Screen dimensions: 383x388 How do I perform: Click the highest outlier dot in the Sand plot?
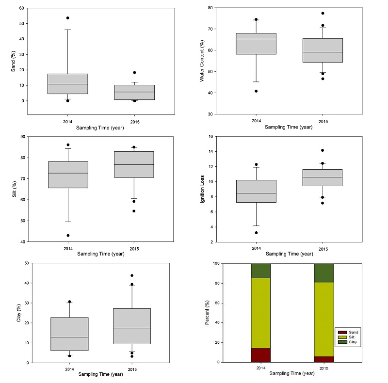[67, 18]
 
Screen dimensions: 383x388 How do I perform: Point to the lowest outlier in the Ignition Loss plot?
[256, 233]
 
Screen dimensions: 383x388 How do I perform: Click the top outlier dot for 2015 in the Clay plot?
[132, 275]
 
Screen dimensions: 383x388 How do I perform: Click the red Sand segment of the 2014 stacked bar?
[260, 355]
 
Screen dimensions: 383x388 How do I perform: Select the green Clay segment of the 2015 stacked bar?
[324, 273]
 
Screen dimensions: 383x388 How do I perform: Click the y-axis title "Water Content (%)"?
[202, 61]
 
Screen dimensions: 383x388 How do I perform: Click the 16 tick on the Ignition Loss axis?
[211, 137]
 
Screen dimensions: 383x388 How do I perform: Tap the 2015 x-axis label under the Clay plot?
[131, 369]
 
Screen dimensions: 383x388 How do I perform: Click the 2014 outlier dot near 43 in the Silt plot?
[68, 236]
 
